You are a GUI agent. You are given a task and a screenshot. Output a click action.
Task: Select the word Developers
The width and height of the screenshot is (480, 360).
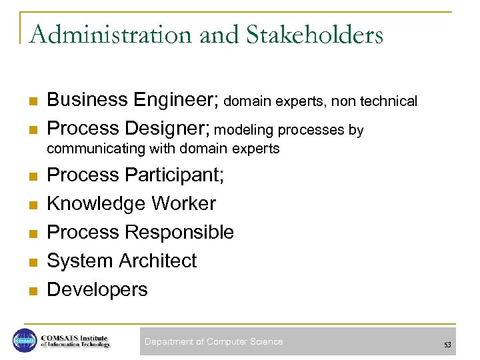(x=97, y=289)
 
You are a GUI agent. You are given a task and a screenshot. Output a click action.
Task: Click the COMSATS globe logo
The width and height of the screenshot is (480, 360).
(x=25, y=341)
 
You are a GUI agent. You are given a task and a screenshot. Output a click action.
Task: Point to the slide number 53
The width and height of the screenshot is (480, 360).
(x=447, y=344)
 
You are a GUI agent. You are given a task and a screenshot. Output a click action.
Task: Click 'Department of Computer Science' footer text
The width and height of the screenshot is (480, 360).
(x=213, y=341)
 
